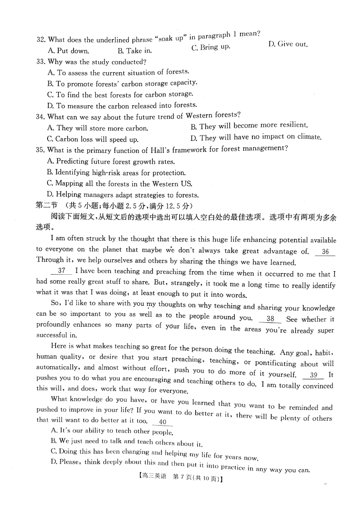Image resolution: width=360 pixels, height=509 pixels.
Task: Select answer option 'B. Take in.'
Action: pyautogui.click(x=135, y=51)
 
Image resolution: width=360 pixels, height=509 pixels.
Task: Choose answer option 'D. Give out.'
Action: pyautogui.click(x=288, y=44)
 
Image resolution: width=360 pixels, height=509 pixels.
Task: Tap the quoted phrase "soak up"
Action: pyautogui.click(x=171, y=38)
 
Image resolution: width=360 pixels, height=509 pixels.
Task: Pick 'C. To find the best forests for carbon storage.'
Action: pyautogui.click(x=120, y=94)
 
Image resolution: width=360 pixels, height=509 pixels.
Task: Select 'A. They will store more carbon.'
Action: pyautogui.click(x=98, y=128)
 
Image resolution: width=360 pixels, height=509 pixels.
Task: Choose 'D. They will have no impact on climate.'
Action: pyautogui.click(x=256, y=137)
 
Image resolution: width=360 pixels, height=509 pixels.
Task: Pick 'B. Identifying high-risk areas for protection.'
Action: pyautogui.click(x=116, y=173)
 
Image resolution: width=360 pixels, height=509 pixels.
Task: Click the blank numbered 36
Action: pyautogui.click(x=325, y=252)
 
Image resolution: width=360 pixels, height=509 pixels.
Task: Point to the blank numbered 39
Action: pyautogui.click(x=313, y=375)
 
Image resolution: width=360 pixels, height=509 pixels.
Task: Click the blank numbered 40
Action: pyautogui.click(x=162, y=422)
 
